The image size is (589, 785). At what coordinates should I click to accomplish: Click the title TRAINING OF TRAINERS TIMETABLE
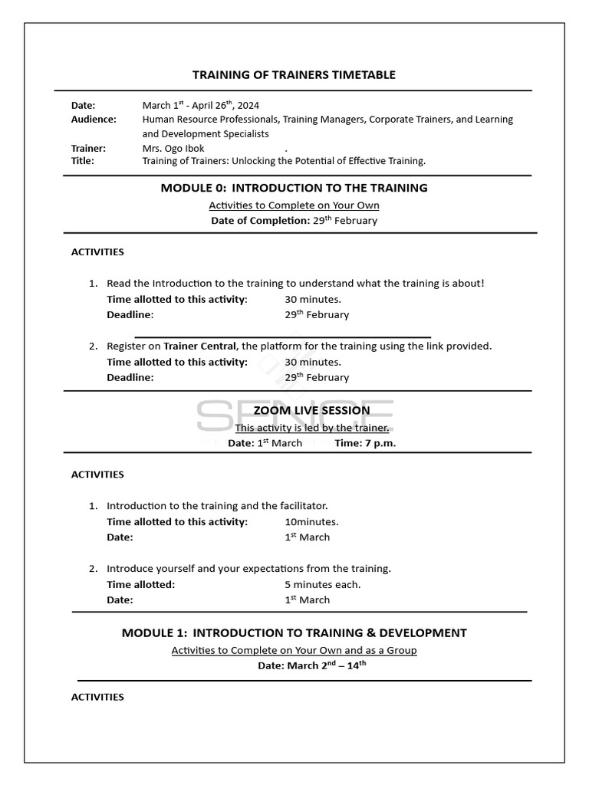(x=294, y=74)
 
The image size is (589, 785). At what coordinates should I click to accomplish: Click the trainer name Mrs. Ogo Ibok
(x=173, y=148)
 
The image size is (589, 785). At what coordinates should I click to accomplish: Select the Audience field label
(x=94, y=119)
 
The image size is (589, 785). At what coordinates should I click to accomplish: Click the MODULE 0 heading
(x=294, y=188)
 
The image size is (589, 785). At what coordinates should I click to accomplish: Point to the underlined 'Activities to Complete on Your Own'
(x=294, y=205)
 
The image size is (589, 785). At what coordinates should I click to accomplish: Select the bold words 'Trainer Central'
(x=200, y=346)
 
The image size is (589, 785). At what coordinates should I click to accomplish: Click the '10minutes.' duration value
(x=311, y=522)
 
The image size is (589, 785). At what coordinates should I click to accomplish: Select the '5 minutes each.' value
(x=322, y=584)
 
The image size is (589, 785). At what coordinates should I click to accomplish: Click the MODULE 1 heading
(x=294, y=633)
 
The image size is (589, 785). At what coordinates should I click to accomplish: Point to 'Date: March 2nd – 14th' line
(x=311, y=665)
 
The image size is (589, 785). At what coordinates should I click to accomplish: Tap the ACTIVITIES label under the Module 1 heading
(x=97, y=697)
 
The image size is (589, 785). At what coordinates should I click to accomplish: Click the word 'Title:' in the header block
(x=83, y=161)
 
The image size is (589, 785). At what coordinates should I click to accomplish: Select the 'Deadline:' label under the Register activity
(x=130, y=377)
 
